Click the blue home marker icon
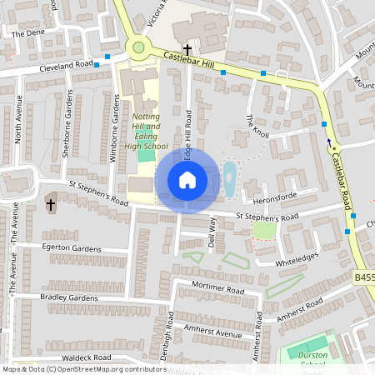click(187, 179)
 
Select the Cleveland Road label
click(66, 65)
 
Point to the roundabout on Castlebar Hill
click(139, 47)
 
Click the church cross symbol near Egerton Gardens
click(51, 204)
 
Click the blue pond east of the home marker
click(229, 180)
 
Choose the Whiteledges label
click(297, 262)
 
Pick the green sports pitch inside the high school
click(146, 152)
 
